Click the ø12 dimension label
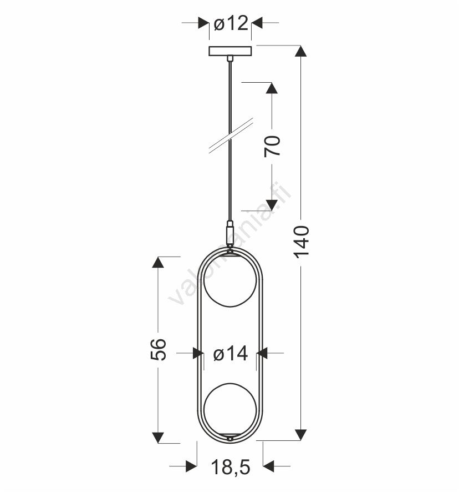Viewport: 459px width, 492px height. click(231, 23)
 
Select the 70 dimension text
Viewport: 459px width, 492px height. click(272, 146)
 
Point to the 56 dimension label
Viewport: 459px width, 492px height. click(159, 349)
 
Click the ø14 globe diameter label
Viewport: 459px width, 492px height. click(231, 354)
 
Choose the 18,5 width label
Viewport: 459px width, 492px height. click(231, 467)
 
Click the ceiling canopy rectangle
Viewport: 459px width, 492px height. click(230, 51)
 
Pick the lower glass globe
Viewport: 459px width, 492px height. click(230, 409)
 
